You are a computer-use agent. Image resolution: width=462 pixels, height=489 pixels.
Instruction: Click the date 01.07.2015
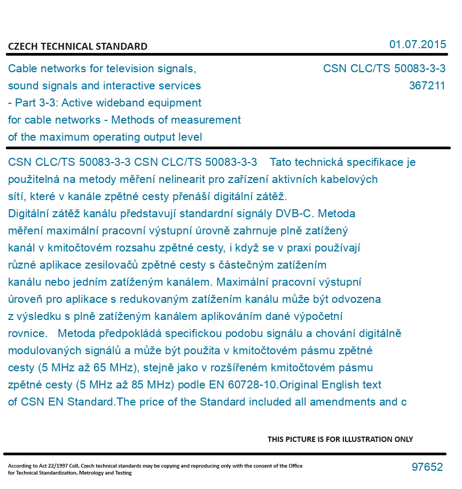coord(417,44)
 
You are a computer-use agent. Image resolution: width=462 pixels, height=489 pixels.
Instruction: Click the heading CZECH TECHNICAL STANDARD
coord(77,47)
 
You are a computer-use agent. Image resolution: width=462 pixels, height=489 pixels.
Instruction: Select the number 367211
coord(427,86)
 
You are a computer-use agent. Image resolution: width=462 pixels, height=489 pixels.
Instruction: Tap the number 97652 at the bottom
coord(427,467)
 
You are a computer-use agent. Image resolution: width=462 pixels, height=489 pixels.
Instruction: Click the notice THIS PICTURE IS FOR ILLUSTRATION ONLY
coord(340,439)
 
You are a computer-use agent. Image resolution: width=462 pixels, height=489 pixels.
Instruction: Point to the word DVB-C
coord(293,213)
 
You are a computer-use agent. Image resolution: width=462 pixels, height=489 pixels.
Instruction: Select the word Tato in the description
coord(281,162)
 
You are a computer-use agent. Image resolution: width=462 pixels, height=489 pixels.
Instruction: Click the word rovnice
coord(27,333)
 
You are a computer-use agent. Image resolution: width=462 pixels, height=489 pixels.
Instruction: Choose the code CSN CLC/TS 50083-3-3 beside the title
coord(384,68)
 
